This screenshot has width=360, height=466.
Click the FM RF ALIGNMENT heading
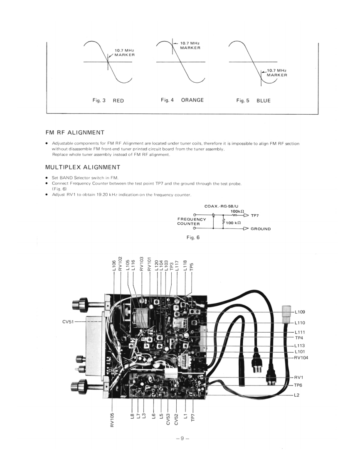point(75,132)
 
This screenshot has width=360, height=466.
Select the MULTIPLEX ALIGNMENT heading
point(83,167)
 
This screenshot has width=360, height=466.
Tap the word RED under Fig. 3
point(118,101)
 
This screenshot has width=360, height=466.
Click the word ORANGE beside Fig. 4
point(192,100)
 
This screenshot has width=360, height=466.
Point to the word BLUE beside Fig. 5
point(264,101)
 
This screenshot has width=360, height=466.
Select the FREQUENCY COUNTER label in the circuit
point(192,221)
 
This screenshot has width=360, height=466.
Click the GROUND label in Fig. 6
point(261,229)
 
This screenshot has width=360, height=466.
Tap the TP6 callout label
point(299,385)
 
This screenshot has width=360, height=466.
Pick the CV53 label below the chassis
point(168,419)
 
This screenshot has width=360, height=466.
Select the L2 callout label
point(297,395)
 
